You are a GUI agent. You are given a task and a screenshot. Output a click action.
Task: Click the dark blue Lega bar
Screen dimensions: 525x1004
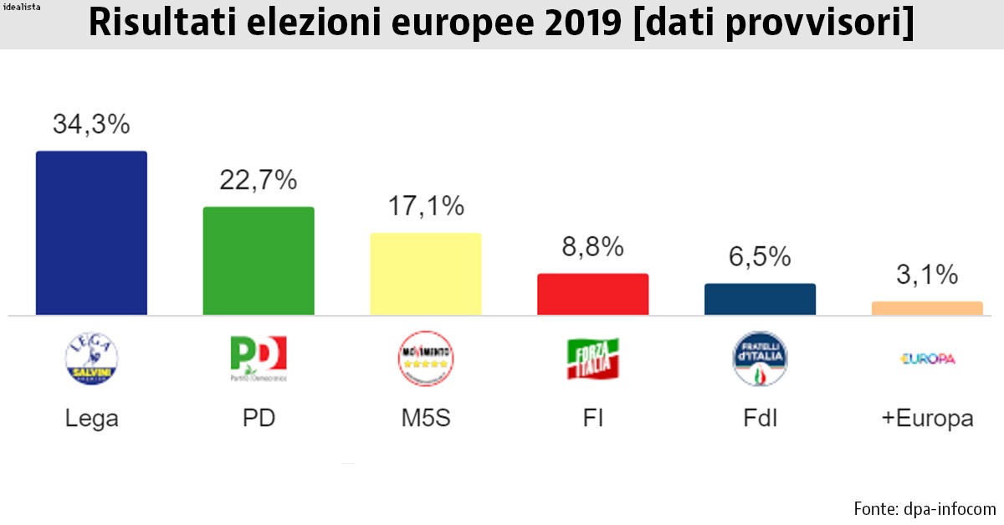pos(91,233)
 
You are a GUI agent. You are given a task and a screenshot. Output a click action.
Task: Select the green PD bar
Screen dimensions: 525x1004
pos(259,260)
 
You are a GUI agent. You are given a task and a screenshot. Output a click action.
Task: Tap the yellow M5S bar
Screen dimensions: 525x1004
pos(426,274)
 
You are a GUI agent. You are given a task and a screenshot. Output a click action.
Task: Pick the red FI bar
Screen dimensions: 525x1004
pos(593,294)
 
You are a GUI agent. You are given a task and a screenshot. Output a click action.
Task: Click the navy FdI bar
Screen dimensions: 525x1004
pos(760,299)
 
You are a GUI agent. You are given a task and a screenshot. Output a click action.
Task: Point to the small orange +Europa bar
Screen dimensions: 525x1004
pos(927,308)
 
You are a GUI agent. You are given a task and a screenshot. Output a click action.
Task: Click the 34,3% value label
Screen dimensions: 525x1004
pos(91,125)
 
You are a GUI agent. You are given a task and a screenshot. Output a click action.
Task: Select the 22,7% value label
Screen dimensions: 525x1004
pos(259,180)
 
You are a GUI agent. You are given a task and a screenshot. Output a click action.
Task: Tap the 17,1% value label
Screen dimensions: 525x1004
pos(426,206)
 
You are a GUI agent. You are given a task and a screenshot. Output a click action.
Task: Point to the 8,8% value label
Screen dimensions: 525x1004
pos(593,246)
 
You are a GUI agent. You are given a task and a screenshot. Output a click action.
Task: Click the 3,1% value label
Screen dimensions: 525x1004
pos(927,275)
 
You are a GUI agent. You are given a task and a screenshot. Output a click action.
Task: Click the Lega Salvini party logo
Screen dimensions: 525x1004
pos(91,359)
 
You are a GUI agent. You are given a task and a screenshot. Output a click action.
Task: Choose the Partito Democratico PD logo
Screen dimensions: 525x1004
pos(259,358)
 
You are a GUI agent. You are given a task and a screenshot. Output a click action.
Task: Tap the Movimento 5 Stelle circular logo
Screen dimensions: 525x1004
pos(426,359)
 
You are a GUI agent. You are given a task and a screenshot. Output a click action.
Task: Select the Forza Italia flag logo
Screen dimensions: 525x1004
pos(593,359)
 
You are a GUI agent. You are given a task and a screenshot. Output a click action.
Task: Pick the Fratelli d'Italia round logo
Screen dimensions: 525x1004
pos(760,359)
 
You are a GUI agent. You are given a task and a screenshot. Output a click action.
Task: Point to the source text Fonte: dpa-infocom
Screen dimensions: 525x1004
pos(925,508)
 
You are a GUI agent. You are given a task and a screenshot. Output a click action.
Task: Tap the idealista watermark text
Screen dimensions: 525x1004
pos(24,7)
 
